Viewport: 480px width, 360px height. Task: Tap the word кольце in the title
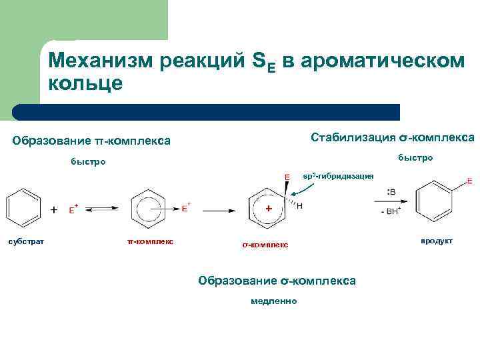(x=85, y=84)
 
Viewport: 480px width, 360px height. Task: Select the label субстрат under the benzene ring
(x=26, y=241)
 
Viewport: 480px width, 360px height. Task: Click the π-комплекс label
(x=150, y=241)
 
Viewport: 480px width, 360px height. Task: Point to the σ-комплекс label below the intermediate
(x=265, y=245)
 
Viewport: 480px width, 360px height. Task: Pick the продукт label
(x=436, y=241)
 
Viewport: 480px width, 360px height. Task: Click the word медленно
(x=274, y=301)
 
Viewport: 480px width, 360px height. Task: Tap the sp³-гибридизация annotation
(x=338, y=176)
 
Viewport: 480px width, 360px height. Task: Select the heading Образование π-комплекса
(x=91, y=141)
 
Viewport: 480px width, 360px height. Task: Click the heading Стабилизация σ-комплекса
(x=393, y=137)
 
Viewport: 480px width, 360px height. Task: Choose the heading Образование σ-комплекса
(x=277, y=281)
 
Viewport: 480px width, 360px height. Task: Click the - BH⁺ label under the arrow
(x=389, y=212)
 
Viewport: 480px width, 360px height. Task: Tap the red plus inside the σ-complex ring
(x=269, y=209)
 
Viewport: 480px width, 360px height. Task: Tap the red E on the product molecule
(x=470, y=181)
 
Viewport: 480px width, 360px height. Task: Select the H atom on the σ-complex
(x=299, y=206)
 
